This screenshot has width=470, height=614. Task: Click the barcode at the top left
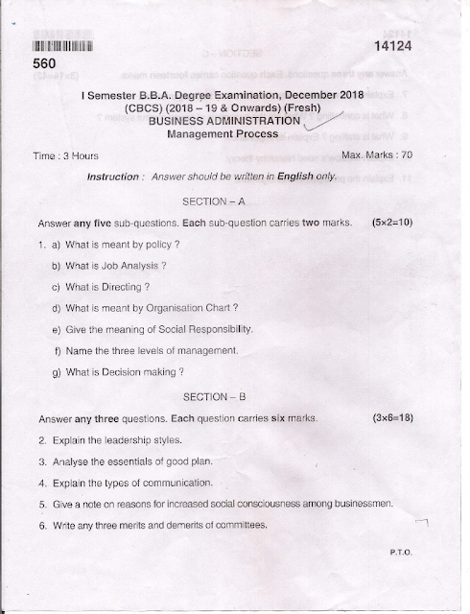(x=63, y=45)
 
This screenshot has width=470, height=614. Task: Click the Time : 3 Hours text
(x=66, y=155)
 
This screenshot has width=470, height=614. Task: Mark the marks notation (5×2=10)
(x=390, y=223)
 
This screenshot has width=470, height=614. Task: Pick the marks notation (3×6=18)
(x=390, y=419)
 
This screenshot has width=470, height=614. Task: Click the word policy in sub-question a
(x=164, y=245)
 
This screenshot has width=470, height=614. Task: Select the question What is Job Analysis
(x=116, y=265)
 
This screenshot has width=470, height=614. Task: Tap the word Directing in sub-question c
(x=125, y=286)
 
